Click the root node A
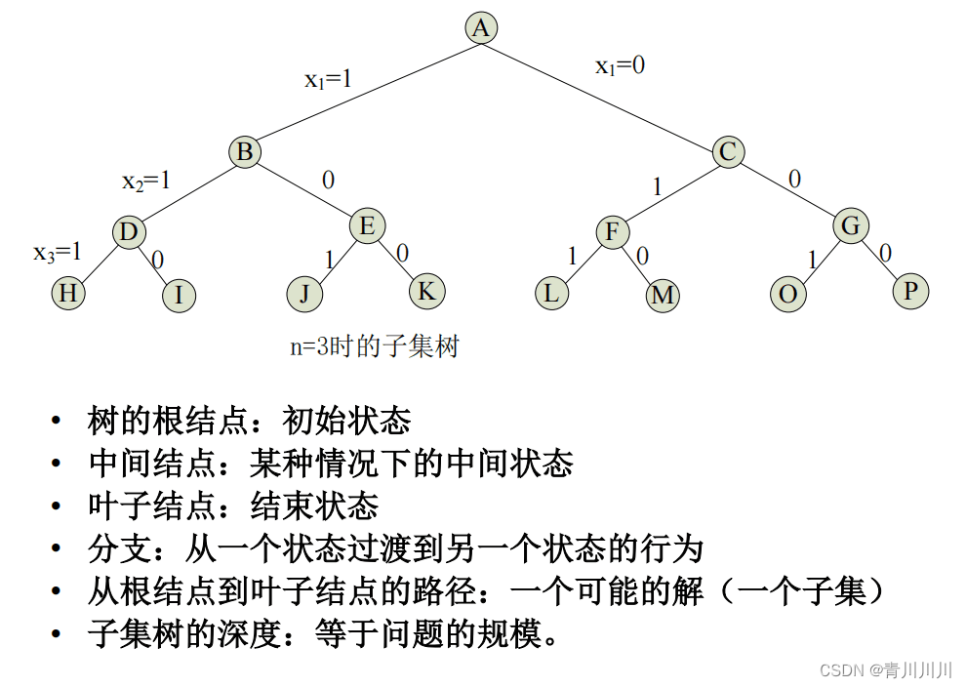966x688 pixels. [480, 27]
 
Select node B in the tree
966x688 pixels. [245, 151]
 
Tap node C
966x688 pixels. [727, 151]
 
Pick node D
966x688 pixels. [128, 232]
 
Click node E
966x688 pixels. [367, 226]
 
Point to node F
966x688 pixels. [612, 232]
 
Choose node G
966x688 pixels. [850, 226]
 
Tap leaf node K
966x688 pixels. [425, 290]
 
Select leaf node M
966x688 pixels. [663, 295]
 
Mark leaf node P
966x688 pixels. [911, 290]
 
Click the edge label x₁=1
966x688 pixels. [328, 79]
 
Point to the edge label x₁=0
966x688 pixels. [620, 66]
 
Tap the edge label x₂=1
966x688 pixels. [145, 181]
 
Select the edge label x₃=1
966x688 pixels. [58, 252]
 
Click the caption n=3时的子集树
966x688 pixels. [374, 346]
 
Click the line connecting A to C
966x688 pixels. [605, 90]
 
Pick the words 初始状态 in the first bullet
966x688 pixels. [346, 421]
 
